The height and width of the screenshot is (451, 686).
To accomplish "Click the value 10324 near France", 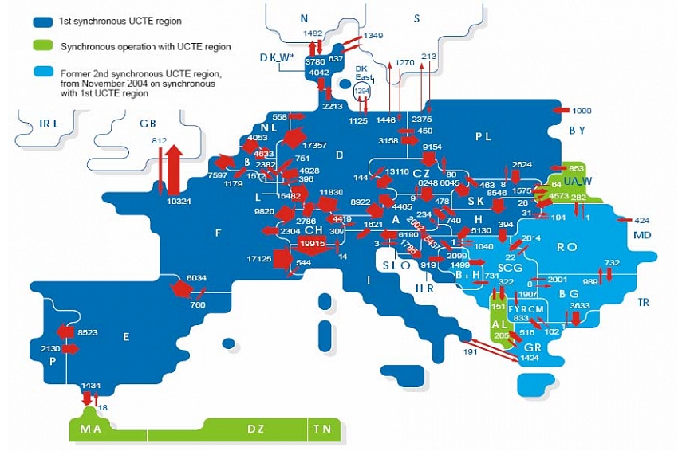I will (179, 202).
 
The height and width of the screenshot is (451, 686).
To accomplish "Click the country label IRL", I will (49, 124).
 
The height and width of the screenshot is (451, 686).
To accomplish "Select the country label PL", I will (483, 136).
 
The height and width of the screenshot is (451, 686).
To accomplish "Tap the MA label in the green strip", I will (91, 429).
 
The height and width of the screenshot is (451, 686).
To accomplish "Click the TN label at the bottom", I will (321, 429).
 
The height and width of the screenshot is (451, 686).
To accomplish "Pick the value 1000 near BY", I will (582, 111).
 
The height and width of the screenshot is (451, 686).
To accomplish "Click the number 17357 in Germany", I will (315, 146).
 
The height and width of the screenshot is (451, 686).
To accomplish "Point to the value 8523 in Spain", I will (88, 331).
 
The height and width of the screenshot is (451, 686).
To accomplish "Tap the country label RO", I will (566, 247).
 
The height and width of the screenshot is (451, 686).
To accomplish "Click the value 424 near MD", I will (641, 220).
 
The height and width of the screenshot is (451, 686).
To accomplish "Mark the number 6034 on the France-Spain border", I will (196, 278).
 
